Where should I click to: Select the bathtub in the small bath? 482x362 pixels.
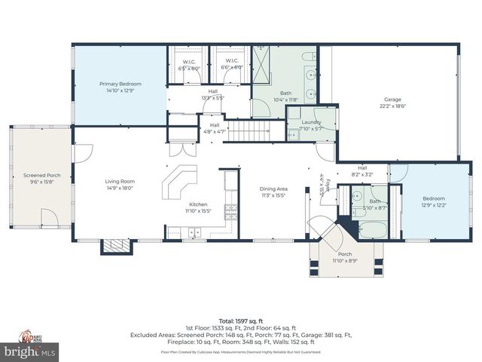371,228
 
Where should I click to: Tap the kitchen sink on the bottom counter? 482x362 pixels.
194,233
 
